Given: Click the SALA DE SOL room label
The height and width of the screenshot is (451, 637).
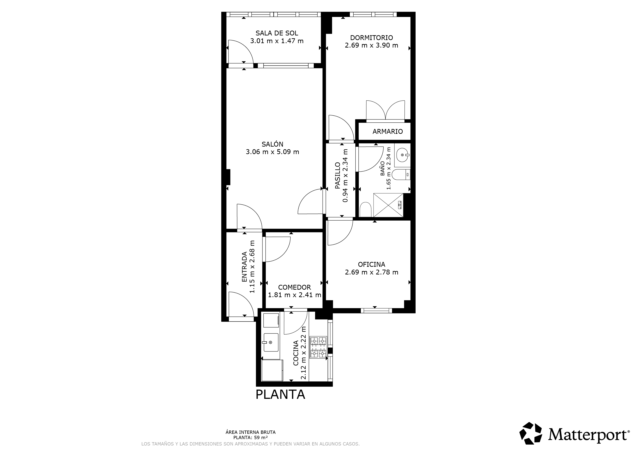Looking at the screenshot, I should pos(277,33).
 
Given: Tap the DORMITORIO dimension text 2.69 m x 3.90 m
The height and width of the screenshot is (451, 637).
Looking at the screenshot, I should pos(371,45).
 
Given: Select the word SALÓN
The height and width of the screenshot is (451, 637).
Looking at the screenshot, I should pos(272,144).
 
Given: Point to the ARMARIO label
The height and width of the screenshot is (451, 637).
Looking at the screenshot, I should pos(387,132).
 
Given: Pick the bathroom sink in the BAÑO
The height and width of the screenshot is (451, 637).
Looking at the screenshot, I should pos(402,155).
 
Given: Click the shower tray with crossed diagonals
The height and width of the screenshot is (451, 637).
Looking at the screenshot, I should pos(388,205).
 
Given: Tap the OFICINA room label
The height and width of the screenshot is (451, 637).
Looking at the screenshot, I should pos(371,264).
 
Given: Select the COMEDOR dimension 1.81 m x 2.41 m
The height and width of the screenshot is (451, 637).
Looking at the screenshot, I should pos(294,295).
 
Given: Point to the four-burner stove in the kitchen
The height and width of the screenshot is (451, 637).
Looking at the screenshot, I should pos(318,347).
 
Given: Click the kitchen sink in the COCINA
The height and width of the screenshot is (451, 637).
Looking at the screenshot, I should pos(270,342).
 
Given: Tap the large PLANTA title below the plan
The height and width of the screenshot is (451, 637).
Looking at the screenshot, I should pos(280,395).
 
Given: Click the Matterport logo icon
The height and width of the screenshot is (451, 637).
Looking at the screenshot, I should pos(530,433).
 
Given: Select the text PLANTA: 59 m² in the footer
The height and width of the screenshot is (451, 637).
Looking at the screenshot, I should pos(250,437).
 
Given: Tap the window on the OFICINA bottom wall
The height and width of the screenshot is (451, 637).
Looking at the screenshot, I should pos(376,311).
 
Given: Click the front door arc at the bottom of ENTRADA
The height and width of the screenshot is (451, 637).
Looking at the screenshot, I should pos(241,304).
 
